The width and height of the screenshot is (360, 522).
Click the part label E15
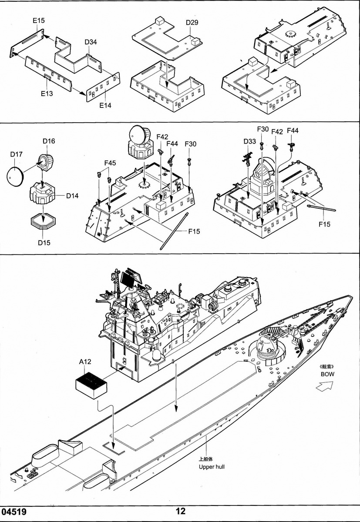point(38,20)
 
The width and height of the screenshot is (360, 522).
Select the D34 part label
point(91,42)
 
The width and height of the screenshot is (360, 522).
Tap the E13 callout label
point(47,94)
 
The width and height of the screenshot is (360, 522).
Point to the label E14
point(105,105)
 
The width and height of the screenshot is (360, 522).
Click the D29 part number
point(192,22)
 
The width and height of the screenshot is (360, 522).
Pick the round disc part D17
point(15,176)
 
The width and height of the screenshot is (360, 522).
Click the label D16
point(49,141)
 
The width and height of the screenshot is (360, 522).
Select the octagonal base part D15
point(44,221)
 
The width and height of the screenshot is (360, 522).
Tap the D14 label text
point(72,196)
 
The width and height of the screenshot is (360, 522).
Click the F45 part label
point(110,163)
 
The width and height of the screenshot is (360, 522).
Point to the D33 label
point(250,141)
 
